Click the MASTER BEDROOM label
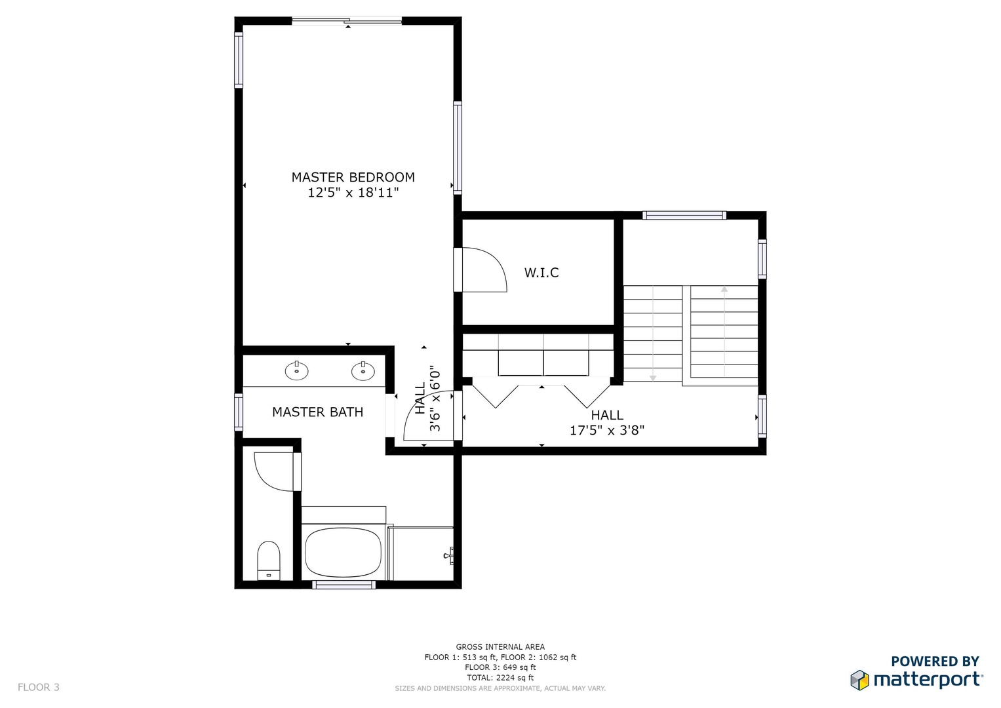click(x=353, y=178)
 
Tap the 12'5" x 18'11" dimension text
click(x=353, y=193)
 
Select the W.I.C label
click(x=541, y=273)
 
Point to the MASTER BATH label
click(x=318, y=412)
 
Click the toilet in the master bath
click(x=269, y=560)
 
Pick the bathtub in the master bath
click(x=343, y=553)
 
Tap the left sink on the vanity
click(x=297, y=370)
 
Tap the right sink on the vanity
click(x=363, y=370)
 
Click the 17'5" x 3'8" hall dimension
click(x=607, y=431)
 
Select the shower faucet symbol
click(x=448, y=556)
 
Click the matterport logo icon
click(x=860, y=680)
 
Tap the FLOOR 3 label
click(x=39, y=688)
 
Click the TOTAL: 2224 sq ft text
click(x=500, y=678)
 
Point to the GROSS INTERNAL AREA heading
click(x=500, y=647)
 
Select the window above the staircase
click(x=684, y=216)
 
